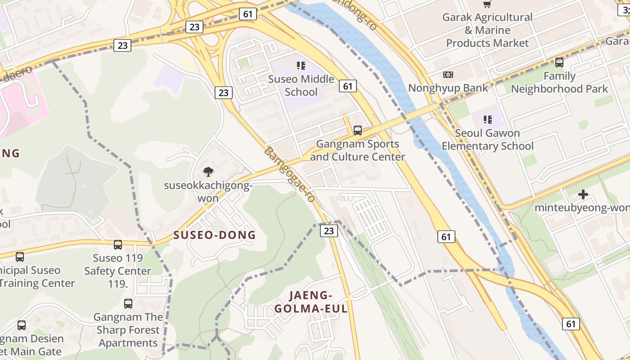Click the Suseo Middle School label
(301, 85)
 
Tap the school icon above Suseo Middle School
(301, 66)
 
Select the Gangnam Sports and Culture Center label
(357, 150)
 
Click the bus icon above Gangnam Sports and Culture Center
(358, 130)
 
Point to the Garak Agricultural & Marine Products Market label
(487, 30)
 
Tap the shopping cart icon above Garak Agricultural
(487, 4)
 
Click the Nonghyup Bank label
(448, 88)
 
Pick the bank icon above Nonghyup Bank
(448, 75)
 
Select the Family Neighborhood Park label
(559, 82)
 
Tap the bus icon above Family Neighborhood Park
(559, 63)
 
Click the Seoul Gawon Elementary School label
(487, 139)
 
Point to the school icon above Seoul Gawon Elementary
(487, 120)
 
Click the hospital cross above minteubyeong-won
(583, 194)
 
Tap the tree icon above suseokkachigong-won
(208, 171)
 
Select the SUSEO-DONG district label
(214, 235)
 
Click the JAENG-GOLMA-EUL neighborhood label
(311, 302)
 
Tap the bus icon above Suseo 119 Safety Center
(118, 245)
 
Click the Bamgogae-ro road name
(288, 175)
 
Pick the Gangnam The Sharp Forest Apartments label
(128, 330)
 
